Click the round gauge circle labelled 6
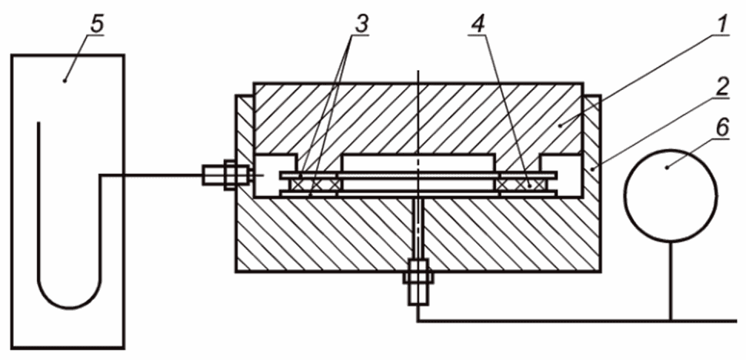pyautogui.click(x=671, y=195)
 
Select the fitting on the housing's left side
pyautogui.click(x=225, y=175)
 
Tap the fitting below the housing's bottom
pyautogui.click(x=418, y=282)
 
